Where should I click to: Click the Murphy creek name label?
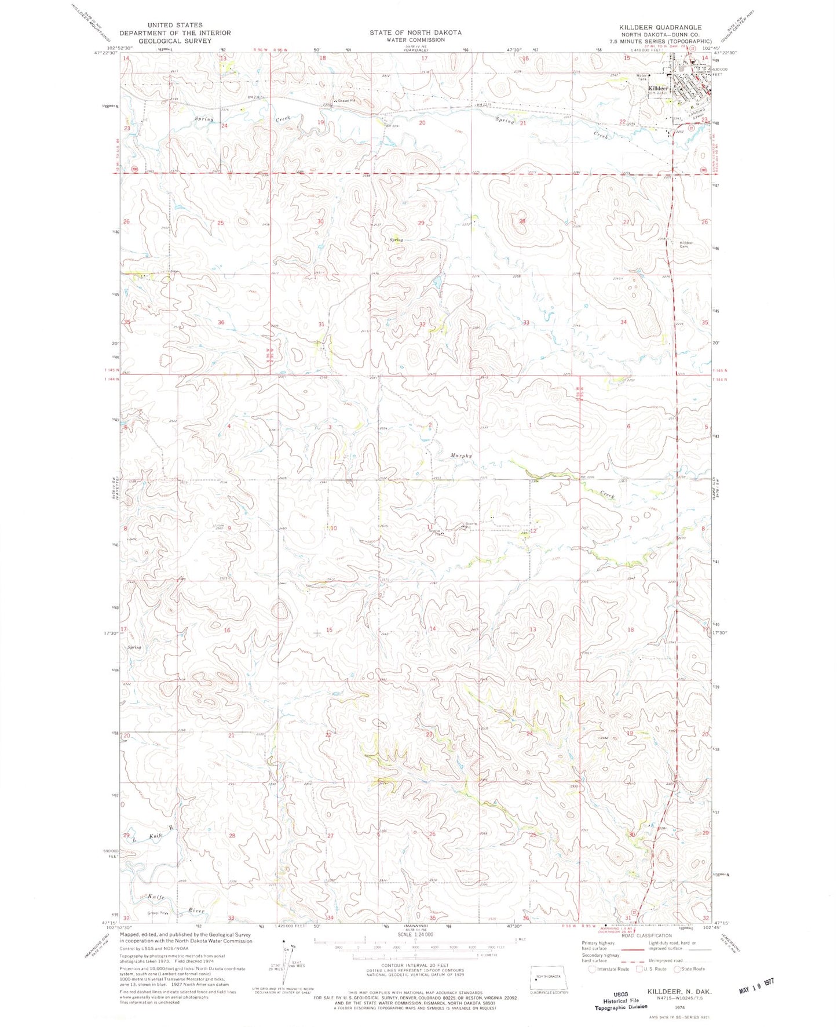461,455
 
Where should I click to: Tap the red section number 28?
522,221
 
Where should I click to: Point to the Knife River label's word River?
196,911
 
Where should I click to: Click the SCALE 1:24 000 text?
415,934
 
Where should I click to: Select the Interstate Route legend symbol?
591,968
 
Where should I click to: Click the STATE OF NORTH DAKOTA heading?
415,32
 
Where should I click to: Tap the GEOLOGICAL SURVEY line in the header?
174,41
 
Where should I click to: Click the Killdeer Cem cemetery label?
686,244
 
